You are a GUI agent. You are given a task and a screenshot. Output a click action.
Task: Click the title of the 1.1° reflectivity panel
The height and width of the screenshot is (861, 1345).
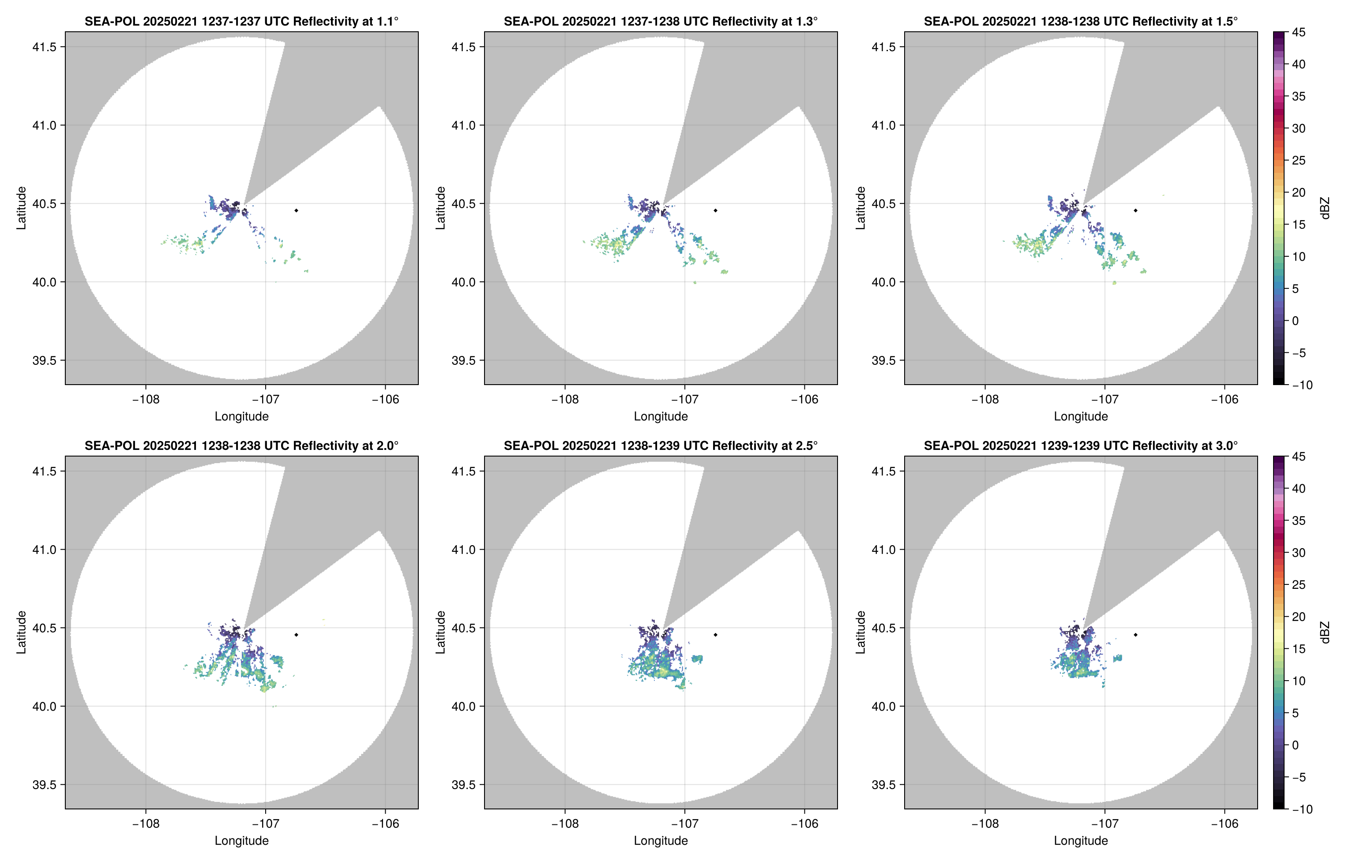(241, 21)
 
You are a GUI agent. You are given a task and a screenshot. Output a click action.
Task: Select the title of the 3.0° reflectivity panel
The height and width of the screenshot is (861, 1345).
(1081, 445)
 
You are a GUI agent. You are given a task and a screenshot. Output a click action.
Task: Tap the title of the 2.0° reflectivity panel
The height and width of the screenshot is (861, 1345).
(241, 445)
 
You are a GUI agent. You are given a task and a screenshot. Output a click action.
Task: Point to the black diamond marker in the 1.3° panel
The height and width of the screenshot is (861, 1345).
(715, 211)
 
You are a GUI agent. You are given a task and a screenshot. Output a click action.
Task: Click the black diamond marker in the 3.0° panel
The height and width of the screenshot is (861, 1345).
(1135, 635)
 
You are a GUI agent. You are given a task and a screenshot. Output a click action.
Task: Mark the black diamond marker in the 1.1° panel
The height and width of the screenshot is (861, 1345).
(296, 211)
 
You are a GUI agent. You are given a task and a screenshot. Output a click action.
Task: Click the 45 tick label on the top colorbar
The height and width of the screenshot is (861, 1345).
(1299, 33)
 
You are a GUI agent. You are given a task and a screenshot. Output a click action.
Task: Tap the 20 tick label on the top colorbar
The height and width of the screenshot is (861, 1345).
(1299, 192)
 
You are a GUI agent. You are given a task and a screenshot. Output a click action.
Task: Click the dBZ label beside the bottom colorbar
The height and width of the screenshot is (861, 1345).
(1324, 633)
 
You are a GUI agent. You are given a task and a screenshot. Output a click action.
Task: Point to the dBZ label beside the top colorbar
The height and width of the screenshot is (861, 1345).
(1324, 208)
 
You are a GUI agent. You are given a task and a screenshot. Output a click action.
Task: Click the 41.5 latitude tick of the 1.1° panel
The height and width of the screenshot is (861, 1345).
(44, 47)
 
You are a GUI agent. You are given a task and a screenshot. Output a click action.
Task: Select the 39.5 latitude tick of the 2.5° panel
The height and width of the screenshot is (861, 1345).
(464, 784)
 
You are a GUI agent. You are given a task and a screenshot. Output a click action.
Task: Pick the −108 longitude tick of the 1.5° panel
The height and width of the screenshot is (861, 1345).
(985, 399)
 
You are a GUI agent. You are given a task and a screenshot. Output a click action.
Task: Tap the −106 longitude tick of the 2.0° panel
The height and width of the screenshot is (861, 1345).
(385, 824)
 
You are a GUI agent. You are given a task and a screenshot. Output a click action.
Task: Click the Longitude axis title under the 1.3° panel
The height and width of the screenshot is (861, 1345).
(661, 416)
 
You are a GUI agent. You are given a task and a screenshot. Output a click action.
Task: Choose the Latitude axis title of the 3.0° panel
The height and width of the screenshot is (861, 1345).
(860, 633)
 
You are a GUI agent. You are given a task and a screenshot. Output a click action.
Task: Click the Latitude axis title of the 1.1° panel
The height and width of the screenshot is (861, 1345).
(21, 208)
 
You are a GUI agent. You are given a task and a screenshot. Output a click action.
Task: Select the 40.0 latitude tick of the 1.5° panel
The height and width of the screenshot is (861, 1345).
(883, 282)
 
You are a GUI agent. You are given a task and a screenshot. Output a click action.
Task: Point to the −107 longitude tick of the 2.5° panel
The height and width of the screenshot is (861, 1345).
(684, 824)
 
